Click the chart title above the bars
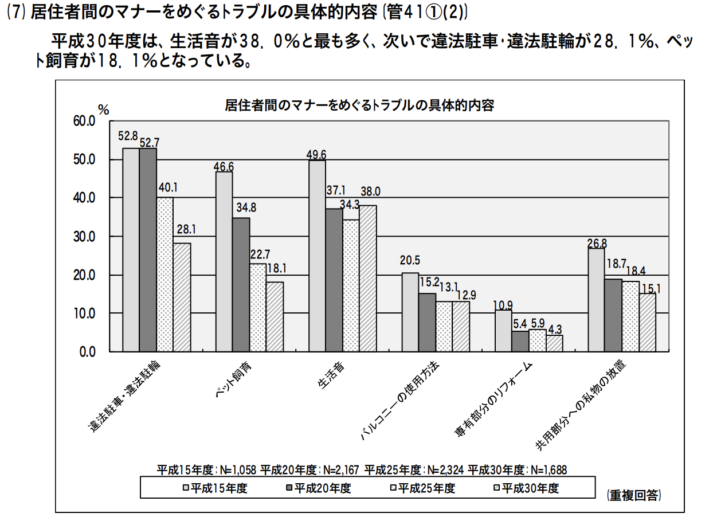click(359, 106)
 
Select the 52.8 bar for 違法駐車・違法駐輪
click(131, 249)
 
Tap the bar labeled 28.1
click(182, 297)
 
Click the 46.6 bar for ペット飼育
click(224, 261)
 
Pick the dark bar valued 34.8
click(241, 284)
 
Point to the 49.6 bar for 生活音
click(317, 256)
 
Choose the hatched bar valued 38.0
click(368, 278)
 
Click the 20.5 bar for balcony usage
click(410, 312)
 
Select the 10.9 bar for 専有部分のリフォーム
click(503, 331)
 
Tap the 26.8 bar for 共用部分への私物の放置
click(596, 300)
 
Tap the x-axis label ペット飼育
click(233, 381)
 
